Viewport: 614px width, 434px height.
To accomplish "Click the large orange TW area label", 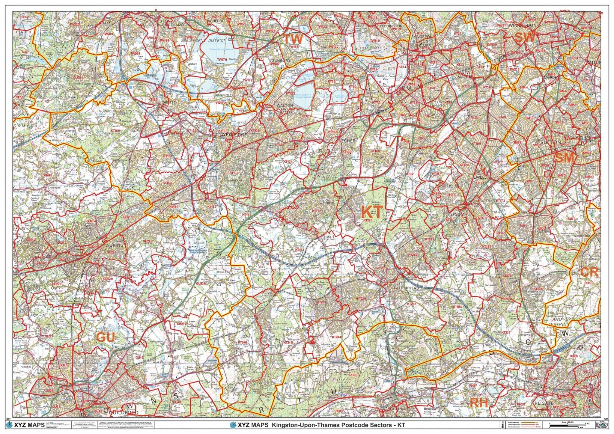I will (294, 39).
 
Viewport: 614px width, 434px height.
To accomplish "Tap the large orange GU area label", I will (106, 337).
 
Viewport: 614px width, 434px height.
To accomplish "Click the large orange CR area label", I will (589, 272).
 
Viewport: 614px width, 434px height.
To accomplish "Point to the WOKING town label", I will (115, 245).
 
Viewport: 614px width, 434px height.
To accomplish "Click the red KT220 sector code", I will (368, 220).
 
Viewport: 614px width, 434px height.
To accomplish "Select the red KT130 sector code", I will (234, 173).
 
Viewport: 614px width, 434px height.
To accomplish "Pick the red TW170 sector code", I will (222, 60).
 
